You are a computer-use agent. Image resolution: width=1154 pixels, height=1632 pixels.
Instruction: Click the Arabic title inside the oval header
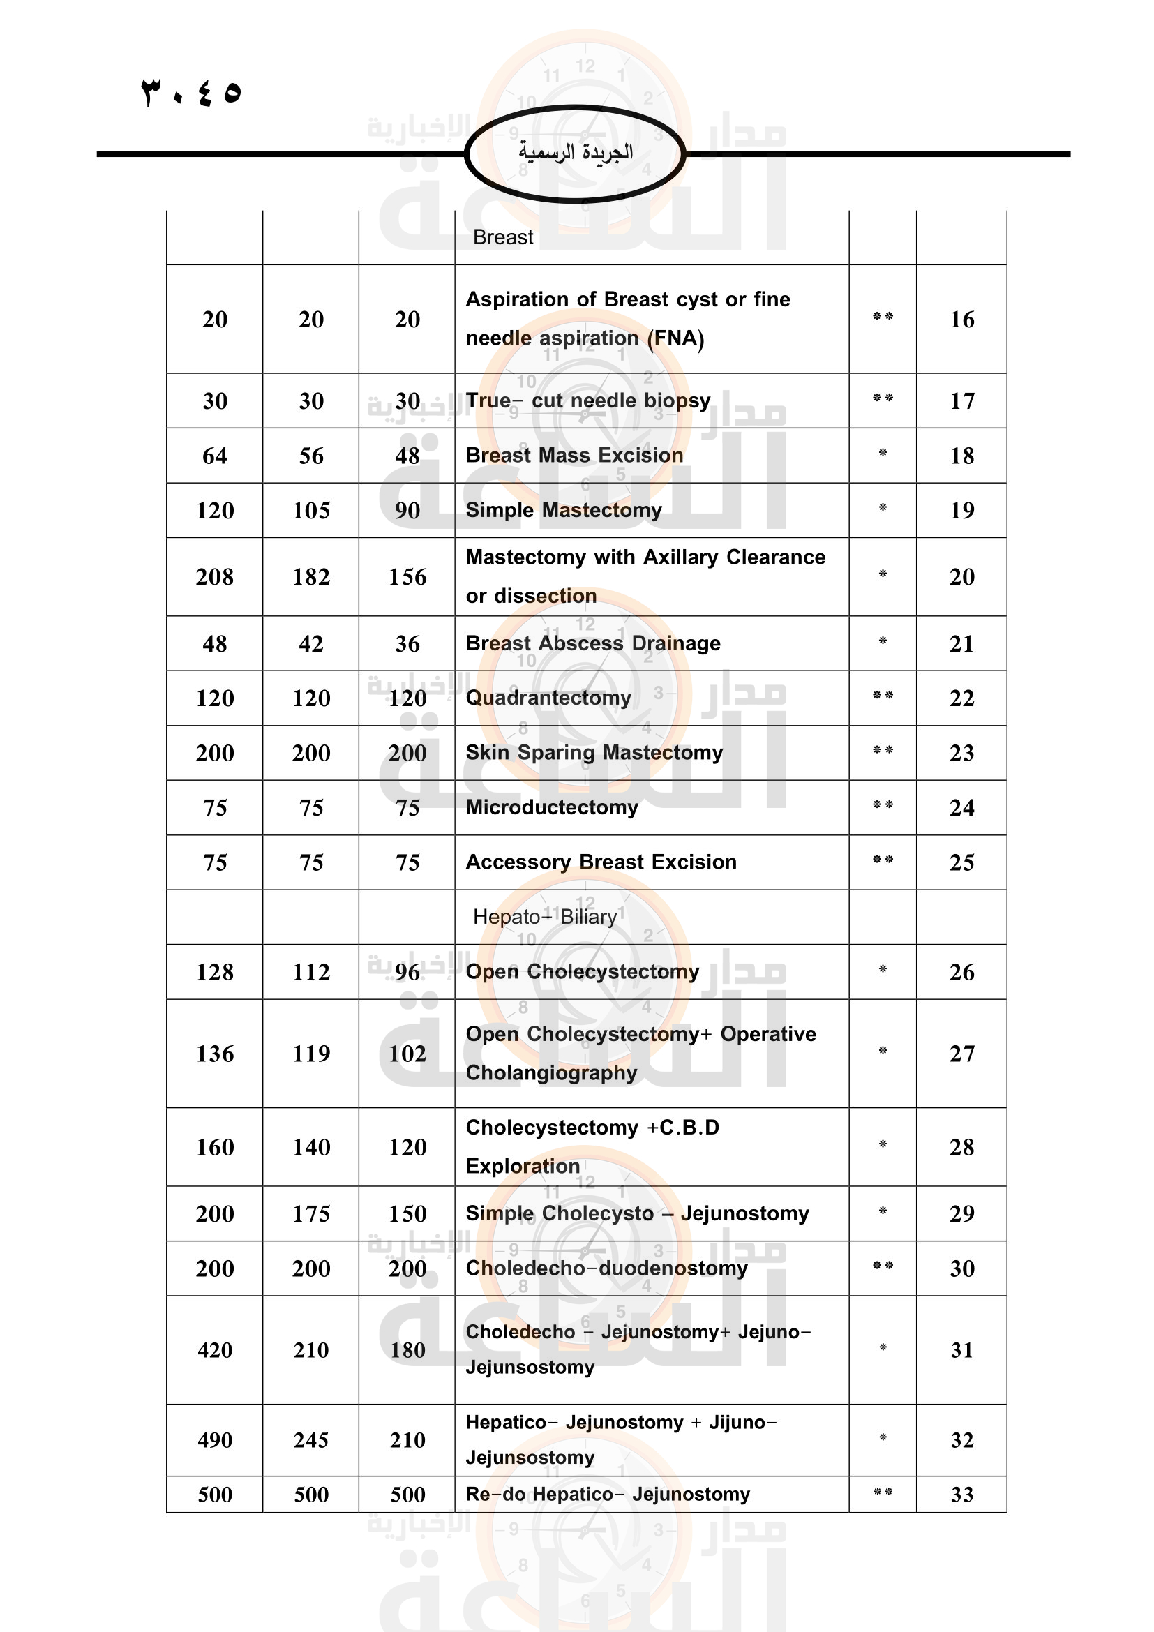click(575, 152)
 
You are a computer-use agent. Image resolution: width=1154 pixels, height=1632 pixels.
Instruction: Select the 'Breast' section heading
click(502, 237)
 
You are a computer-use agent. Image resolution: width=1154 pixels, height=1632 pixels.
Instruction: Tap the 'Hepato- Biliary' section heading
click(544, 917)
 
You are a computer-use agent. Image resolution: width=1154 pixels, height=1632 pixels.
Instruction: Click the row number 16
click(961, 320)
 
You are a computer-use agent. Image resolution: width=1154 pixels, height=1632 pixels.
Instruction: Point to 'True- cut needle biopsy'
click(587, 401)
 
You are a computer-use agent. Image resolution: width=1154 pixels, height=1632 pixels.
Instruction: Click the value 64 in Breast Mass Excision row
click(215, 456)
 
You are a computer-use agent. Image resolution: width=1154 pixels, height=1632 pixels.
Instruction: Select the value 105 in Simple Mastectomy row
click(310, 510)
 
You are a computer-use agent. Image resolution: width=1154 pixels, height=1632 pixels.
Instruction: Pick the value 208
click(215, 577)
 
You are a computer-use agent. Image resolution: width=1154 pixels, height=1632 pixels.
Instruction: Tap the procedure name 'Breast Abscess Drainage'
click(592, 643)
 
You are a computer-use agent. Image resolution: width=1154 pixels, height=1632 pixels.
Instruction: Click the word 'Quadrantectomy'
click(548, 698)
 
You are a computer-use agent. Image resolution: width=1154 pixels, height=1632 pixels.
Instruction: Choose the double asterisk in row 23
click(883, 751)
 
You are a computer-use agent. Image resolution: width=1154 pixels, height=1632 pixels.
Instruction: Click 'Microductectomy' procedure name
click(551, 807)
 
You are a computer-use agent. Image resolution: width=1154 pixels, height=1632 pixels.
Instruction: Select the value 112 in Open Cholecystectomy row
click(310, 973)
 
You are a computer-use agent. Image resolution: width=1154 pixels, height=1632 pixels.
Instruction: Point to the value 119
click(310, 1054)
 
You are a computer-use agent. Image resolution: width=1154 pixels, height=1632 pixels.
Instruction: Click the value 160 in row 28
click(215, 1147)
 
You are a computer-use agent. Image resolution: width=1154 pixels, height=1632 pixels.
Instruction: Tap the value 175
click(310, 1214)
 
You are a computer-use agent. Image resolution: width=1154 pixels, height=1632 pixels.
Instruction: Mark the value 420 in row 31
click(215, 1351)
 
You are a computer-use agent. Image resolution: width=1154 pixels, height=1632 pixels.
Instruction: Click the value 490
click(215, 1441)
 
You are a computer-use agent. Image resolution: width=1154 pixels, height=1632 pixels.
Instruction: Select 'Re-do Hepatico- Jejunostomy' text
click(608, 1495)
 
